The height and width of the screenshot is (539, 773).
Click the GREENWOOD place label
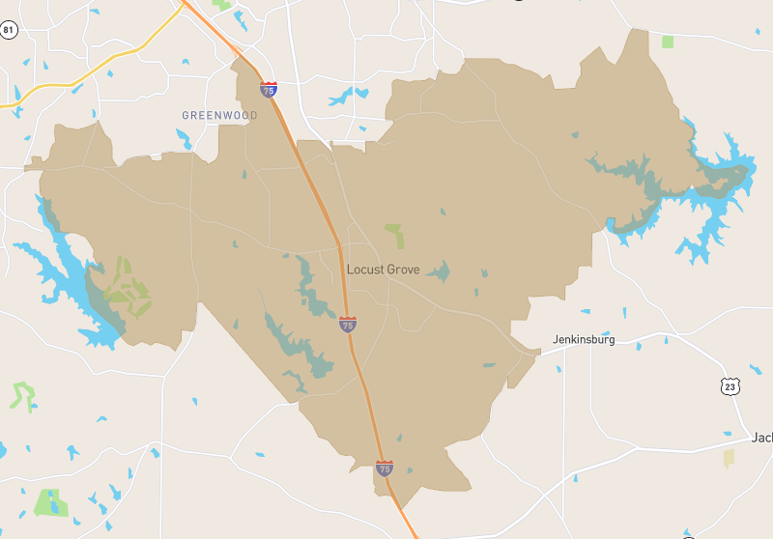(x=219, y=115)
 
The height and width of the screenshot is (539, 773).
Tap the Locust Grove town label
(x=384, y=269)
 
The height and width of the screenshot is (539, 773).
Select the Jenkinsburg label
(x=583, y=340)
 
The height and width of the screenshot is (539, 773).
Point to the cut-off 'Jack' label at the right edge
(x=761, y=438)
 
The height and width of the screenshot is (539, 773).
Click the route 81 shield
(x=9, y=30)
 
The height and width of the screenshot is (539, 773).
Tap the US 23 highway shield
(x=730, y=386)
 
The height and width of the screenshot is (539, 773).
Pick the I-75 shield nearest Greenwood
(x=268, y=90)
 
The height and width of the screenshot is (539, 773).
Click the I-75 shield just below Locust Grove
(x=347, y=325)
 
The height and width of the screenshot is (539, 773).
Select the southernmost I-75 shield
(x=385, y=468)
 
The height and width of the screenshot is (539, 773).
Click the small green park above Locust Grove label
(x=394, y=235)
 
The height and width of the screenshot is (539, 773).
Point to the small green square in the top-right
(x=668, y=42)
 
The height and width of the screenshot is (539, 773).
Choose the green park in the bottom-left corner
(x=47, y=502)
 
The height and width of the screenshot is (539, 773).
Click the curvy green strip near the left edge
(x=21, y=394)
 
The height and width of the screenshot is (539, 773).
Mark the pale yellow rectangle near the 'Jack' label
(x=729, y=458)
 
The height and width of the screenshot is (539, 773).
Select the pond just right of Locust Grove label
(x=440, y=271)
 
